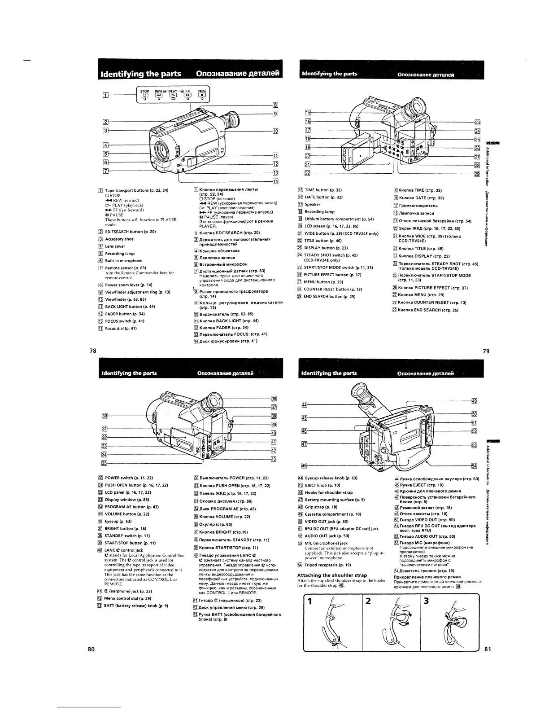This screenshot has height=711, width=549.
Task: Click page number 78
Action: point(92,351)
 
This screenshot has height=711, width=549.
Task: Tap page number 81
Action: point(488,649)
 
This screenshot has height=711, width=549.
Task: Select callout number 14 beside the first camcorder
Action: point(275,181)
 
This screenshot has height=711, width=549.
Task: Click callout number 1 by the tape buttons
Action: point(105,95)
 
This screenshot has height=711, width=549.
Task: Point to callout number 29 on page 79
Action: point(477,175)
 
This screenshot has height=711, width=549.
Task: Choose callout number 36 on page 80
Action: point(274,399)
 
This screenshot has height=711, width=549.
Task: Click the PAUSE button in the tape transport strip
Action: point(202,95)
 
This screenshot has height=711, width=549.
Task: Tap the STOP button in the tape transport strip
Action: point(145,95)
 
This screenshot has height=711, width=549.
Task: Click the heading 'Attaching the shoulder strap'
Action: point(332,575)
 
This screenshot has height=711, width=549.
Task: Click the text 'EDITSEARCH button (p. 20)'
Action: point(130,232)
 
